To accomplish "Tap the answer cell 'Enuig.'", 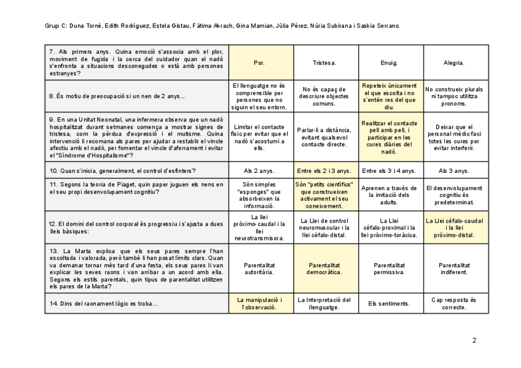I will pyautogui.click(x=390, y=63).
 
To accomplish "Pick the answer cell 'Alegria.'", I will pyautogui.click(x=454, y=63).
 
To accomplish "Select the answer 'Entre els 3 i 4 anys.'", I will pyautogui.click(x=390, y=171).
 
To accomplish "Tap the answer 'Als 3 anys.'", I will pyautogui.click(x=454, y=171).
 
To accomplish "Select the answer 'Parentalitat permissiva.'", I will pyautogui.click(x=390, y=269).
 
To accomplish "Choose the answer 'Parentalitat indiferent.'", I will pyautogui.click(x=454, y=269).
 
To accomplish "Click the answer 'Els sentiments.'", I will pyautogui.click(x=390, y=304).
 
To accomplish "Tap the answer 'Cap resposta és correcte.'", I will pyautogui.click(x=454, y=304).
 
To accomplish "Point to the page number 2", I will pyautogui.click(x=474, y=340).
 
